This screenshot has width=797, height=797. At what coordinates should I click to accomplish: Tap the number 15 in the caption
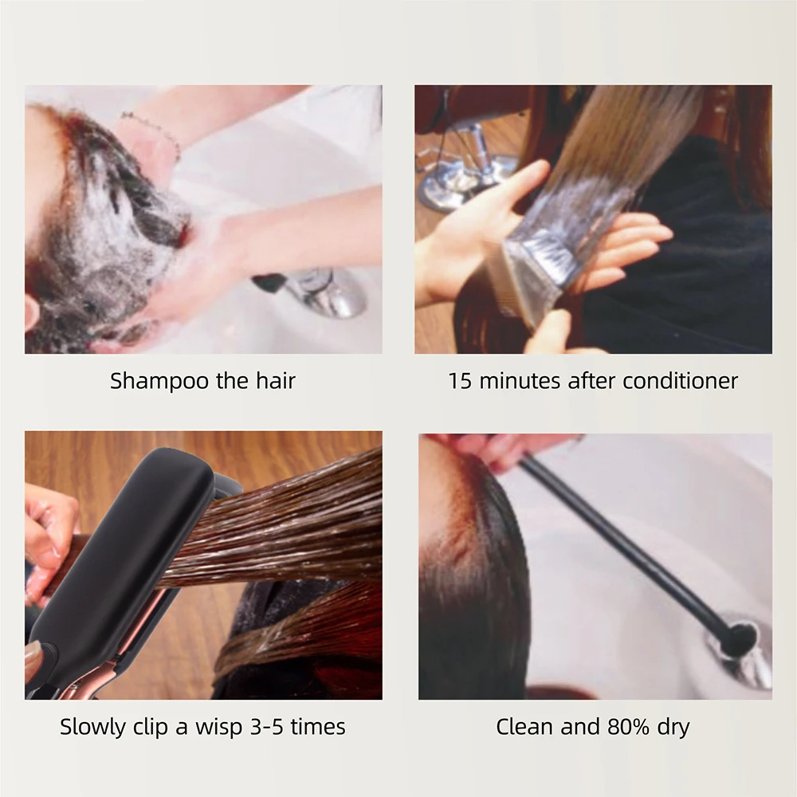[460, 381]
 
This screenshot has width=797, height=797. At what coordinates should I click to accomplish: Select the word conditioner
[680, 381]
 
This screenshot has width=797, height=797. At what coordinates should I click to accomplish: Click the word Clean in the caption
[523, 727]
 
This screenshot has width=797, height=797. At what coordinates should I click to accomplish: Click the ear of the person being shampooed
[32, 311]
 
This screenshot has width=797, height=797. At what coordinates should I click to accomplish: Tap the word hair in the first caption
[275, 381]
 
